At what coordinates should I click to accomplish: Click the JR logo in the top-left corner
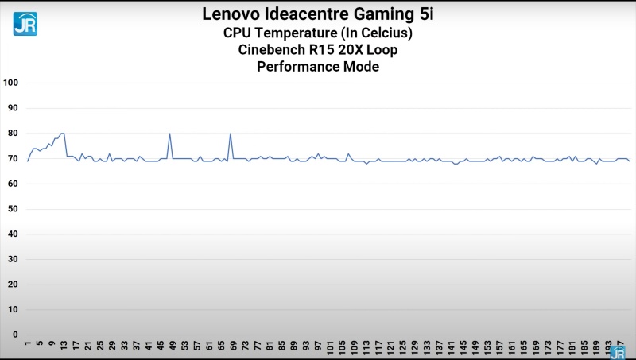(x=25, y=23)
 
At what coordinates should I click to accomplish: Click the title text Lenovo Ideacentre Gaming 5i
(x=318, y=14)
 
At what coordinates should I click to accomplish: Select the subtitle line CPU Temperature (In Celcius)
(x=318, y=33)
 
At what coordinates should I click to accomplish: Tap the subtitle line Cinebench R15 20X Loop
(x=318, y=49)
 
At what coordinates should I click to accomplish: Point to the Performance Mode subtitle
(x=318, y=67)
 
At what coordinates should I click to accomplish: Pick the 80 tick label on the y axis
(x=13, y=134)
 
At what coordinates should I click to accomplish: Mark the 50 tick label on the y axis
(x=13, y=209)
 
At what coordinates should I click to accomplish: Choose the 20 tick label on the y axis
(x=13, y=284)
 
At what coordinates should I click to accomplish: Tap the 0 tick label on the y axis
(x=15, y=335)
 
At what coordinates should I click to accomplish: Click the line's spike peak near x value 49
(x=170, y=134)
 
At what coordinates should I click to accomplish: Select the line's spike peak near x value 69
(x=231, y=134)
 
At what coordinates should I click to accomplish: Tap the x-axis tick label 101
(x=329, y=348)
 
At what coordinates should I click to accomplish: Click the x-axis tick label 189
(x=595, y=348)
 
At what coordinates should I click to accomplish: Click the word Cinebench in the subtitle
(x=270, y=49)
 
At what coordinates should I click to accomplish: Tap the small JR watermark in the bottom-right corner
(x=618, y=352)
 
